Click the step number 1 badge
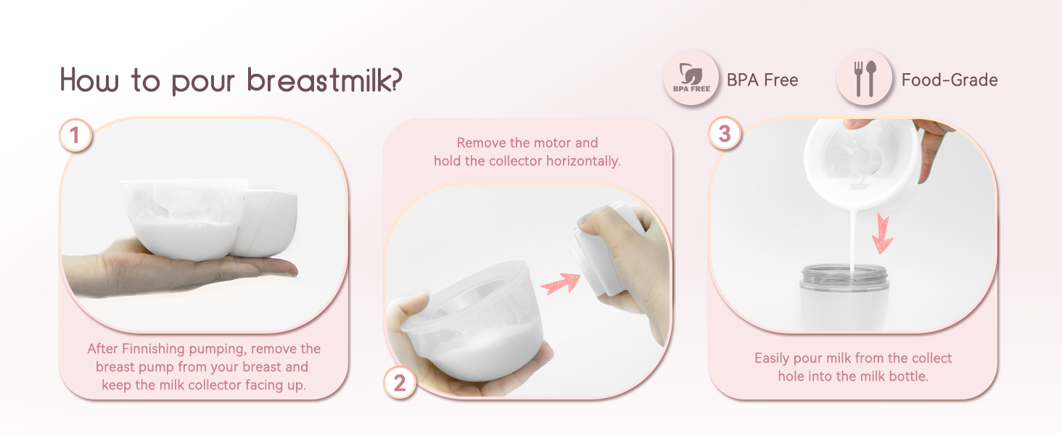75,135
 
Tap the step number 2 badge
400,382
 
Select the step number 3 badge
725,135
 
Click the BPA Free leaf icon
691,78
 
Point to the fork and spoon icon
865,78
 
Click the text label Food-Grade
949,80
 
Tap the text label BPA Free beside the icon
762,80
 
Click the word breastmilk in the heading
322,80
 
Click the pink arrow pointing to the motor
561,281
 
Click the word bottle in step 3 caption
907,376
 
